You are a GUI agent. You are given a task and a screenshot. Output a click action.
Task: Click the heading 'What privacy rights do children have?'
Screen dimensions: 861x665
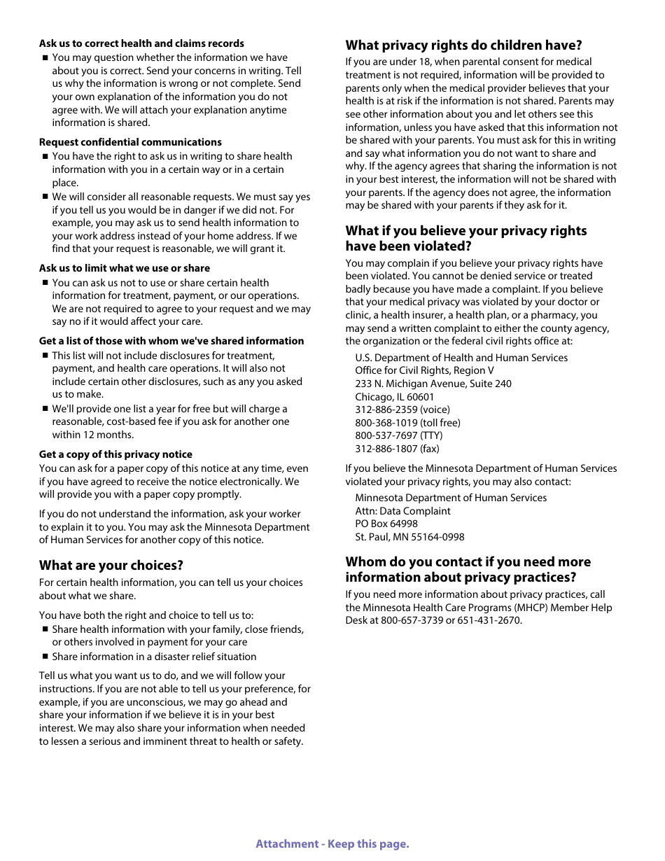[463, 45]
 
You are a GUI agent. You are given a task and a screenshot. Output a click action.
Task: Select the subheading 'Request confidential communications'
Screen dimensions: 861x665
[130, 142]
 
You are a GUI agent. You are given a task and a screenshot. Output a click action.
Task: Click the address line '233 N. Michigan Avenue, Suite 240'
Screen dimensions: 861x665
[433, 384]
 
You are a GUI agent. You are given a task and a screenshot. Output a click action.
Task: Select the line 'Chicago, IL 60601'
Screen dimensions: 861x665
[394, 397]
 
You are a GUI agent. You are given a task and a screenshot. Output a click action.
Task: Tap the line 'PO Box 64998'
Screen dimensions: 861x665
[386, 524]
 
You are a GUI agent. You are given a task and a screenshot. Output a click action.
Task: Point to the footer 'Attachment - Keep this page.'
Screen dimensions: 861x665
[332, 843]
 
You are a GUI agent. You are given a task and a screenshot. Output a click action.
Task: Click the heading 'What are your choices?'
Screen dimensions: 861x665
[111, 565]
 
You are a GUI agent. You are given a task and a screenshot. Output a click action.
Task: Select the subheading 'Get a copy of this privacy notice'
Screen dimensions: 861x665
[115, 454]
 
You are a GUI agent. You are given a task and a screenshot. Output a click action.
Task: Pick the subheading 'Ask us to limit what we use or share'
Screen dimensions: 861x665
[124, 268]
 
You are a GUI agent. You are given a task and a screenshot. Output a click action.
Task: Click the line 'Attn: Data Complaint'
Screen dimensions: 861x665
[402, 511]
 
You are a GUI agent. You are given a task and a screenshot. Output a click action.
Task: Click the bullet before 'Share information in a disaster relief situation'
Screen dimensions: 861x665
[45, 657]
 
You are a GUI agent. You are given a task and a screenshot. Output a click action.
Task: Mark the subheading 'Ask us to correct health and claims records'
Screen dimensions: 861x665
[141, 43]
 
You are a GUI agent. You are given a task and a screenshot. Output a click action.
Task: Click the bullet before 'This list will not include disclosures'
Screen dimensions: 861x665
[45, 356]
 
